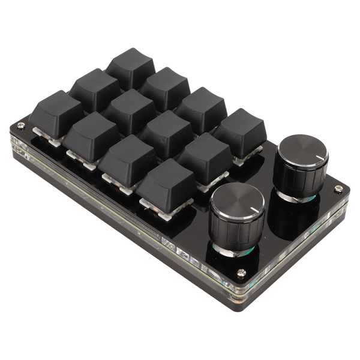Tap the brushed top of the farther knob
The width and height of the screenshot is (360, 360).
click(301, 149)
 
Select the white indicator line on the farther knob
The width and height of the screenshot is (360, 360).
click(319, 157)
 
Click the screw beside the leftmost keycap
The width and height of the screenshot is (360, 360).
click(21, 125)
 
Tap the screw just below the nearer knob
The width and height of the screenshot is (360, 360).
click(241, 272)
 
